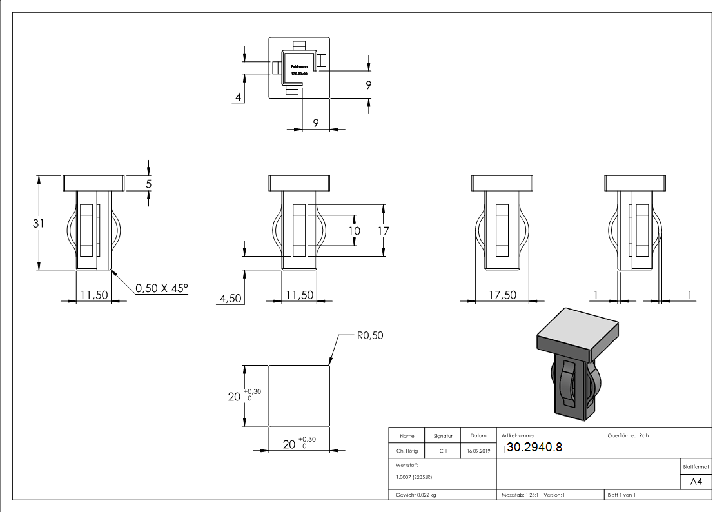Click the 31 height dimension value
click(x=38, y=223)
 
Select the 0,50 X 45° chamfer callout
click(x=161, y=288)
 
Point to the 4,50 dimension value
click(x=230, y=299)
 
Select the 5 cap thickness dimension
click(x=149, y=184)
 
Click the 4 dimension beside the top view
click(x=239, y=98)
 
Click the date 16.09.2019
click(x=477, y=451)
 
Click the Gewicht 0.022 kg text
click(x=412, y=495)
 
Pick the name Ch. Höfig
click(x=406, y=451)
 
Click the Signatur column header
click(x=443, y=436)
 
